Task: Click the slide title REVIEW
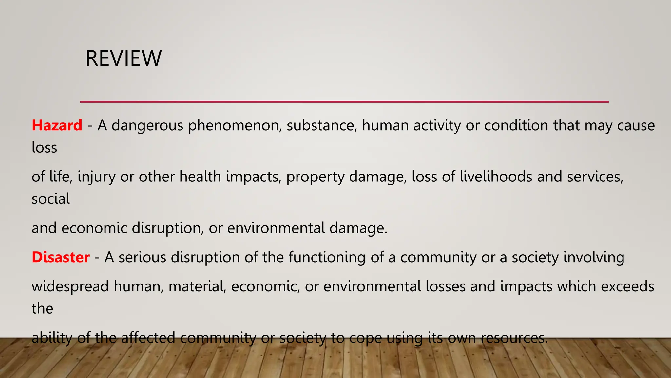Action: coord(124,58)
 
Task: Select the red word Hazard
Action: coord(57,125)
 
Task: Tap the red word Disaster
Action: coord(61,257)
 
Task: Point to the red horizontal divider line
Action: coord(344,102)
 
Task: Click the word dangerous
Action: coord(147,126)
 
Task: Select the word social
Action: coord(51,199)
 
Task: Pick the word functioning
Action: coord(327,257)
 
